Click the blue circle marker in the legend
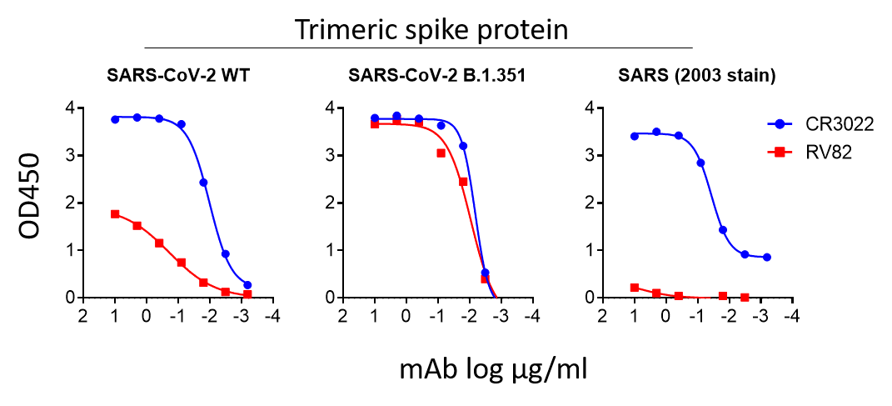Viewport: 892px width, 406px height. pyautogui.click(x=780, y=124)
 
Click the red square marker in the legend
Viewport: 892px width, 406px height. pyautogui.click(x=780, y=152)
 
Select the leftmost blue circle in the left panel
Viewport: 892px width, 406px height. pyautogui.click(x=116, y=119)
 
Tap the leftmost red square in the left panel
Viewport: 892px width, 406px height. pyautogui.click(x=116, y=213)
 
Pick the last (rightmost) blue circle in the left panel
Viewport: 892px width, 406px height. pyautogui.click(x=247, y=285)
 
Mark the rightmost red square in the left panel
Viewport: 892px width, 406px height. pyautogui.click(x=247, y=294)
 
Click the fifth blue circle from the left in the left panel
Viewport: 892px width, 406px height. pyautogui.click(x=203, y=182)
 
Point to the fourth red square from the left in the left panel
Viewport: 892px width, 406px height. pyautogui.click(x=182, y=263)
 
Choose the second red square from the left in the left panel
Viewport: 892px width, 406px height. pyautogui.click(x=137, y=226)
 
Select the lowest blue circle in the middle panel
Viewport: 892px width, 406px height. pyautogui.click(x=485, y=273)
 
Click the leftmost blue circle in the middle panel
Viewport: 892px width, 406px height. pyautogui.click(x=375, y=118)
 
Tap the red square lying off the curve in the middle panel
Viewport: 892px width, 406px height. pyautogui.click(x=441, y=153)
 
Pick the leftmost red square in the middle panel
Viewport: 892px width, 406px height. pyautogui.click(x=375, y=123)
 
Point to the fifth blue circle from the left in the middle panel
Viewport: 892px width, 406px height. pyautogui.click(x=463, y=146)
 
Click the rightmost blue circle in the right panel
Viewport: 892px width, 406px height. pyautogui.click(x=766, y=258)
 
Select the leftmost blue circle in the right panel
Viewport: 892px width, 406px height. pyautogui.click(x=635, y=136)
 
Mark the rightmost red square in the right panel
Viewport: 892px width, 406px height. pyautogui.click(x=745, y=297)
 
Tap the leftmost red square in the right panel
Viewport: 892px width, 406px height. pyautogui.click(x=635, y=288)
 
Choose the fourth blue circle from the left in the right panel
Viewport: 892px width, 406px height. pyautogui.click(x=700, y=163)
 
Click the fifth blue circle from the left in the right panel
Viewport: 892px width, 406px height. pyautogui.click(x=722, y=229)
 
